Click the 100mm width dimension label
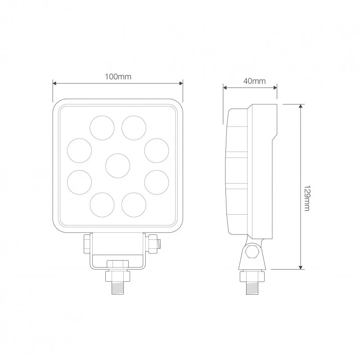118,76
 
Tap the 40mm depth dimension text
254,81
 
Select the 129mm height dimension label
306,198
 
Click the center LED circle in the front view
118,165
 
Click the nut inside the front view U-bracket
118,264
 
